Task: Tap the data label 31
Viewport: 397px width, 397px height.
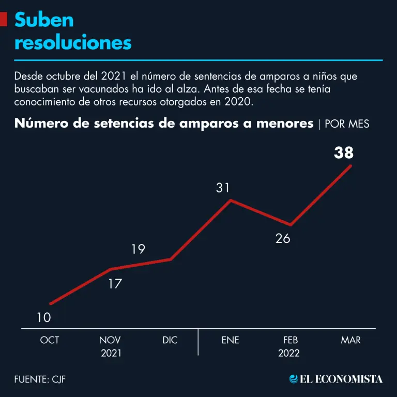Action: pyautogui.click(x=223, y=188)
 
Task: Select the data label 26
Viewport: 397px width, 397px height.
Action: pyautogui.click(x=283, y=238)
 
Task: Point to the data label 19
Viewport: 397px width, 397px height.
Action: pyautogui.click(x=138, y=249)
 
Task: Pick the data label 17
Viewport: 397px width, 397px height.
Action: pyautogui.click(x=114, y=283)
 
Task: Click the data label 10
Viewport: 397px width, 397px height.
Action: pyautogui.click(x=44, y=317)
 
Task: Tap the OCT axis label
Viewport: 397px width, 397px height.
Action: pyautogui.click(x=50, y=340)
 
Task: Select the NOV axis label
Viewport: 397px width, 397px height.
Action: pyautogui.click(x=110, y=340)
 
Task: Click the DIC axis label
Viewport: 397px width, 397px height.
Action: pyautogui.click(x=170, y=340)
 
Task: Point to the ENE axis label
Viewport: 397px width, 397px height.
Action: pyautogui.click(x=230, y=340)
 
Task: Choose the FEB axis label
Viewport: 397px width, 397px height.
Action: pyautogui.click(x=291, y=340)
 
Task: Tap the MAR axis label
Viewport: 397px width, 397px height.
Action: pyautogui.click(x=351, y=340)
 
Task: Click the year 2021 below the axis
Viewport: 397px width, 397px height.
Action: pyautogui.click(x=110, y=354)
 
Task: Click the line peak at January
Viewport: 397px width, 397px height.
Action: pyautogui.click(x=231, y=200)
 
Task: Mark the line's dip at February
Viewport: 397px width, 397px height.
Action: pyautogui.click(x=291, y=225)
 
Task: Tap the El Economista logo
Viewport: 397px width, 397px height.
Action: pyautogui.click(x=336, y=379)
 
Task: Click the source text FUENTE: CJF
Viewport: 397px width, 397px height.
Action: pyautogui.click(x=40, y=379)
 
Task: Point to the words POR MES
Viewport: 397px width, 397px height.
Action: pyautogui.click(x=347, y=124)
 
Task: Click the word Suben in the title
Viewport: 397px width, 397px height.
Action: pyautogui.click(x=44, y=20)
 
